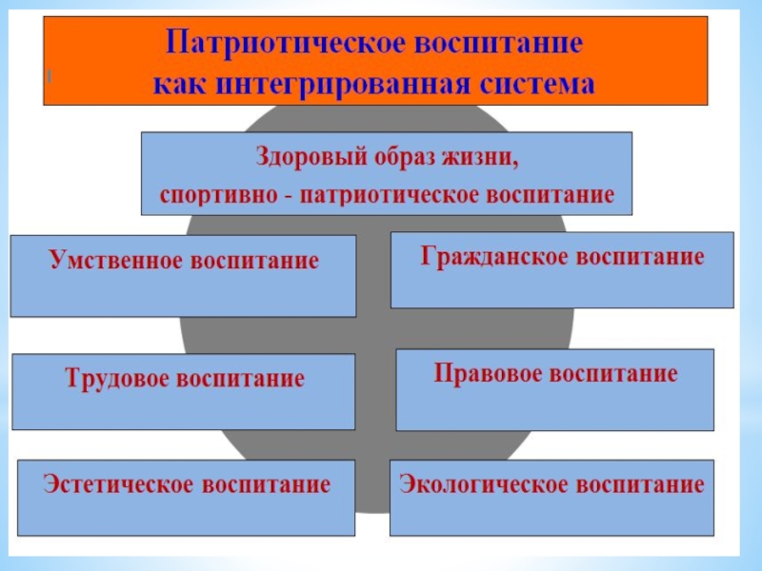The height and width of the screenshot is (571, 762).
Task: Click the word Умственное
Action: [x=112, y=261]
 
